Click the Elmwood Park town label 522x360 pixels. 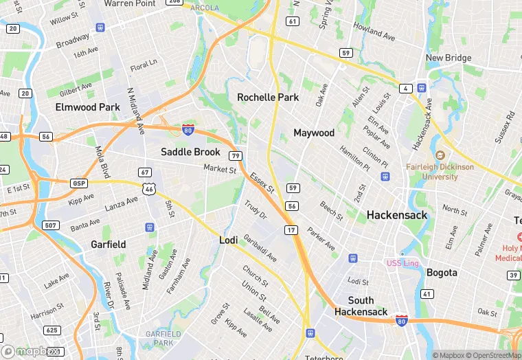(87, 107)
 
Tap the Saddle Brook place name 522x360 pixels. (190, 152)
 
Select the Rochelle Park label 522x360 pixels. (268, 98)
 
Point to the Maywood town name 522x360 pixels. (314, 133)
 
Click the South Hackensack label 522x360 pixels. (361, 306)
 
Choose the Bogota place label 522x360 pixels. (442, 273)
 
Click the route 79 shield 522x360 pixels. (236, 156)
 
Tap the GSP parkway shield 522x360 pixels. (79, 183)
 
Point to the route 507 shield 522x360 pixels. (49, 225)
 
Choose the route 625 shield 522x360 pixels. (52, 330)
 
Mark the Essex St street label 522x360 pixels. (262, 182)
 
